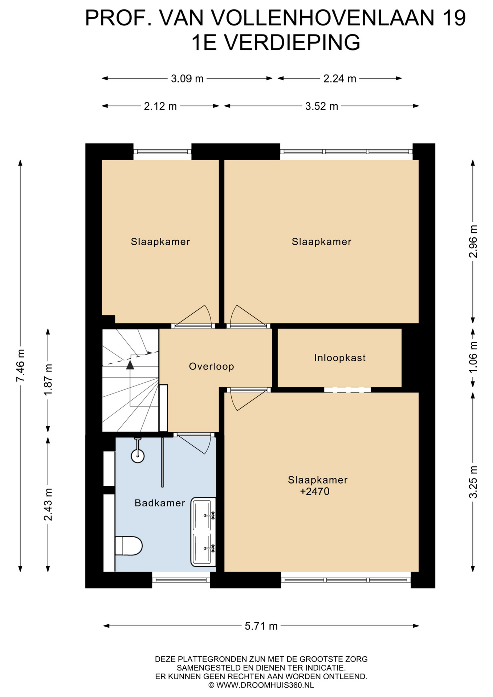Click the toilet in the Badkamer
(129, 546)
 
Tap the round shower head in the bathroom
(138, 456)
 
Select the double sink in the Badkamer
(203, 532)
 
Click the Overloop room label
(211, 366)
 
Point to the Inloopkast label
(340, 358)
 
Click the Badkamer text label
(160, 503)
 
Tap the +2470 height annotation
(314, 492)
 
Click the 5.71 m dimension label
(261, 626)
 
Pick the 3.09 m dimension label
(187, 78)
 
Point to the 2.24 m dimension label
(340, 78)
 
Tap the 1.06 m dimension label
(473, 357)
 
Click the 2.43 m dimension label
(48, 504)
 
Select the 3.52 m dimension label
(322, 106)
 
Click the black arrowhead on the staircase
(130, 365)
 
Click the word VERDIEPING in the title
(292, 42)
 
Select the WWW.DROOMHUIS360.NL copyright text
(261, 685)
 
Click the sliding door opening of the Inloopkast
(347, 390)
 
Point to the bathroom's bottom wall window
(181, 580)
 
